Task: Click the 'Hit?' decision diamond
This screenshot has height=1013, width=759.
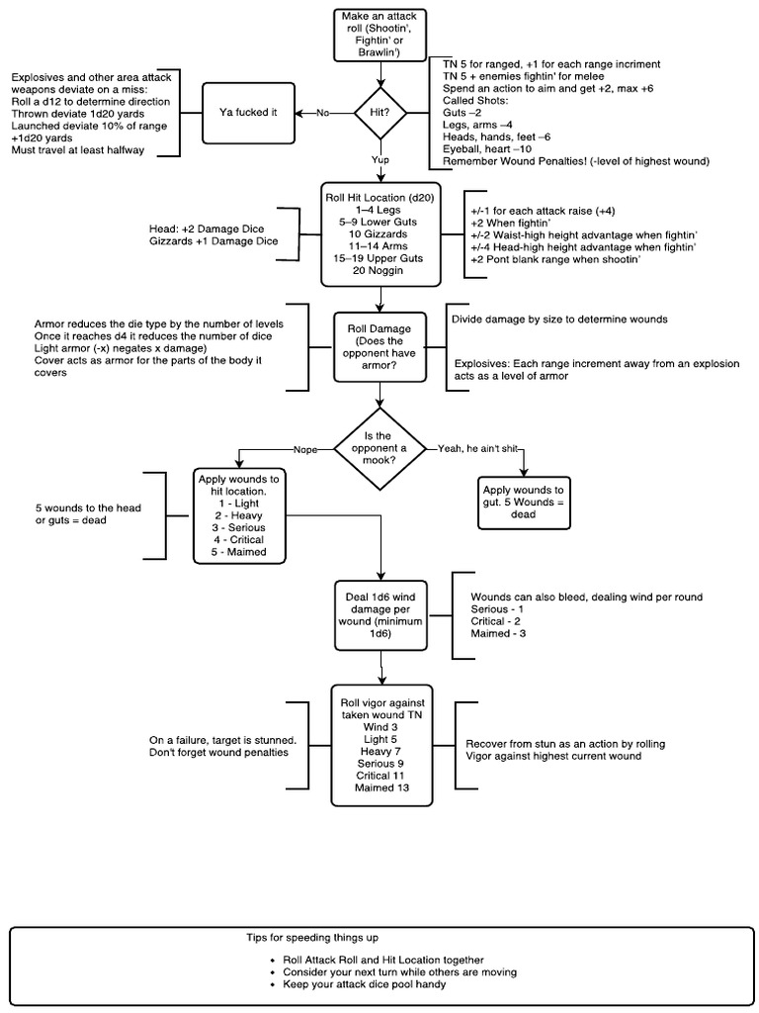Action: (379, 113)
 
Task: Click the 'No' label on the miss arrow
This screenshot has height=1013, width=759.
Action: (322, 113)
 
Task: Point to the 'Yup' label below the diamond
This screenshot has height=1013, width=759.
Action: (379, 158)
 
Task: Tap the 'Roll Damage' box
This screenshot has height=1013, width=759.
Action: (379, 345)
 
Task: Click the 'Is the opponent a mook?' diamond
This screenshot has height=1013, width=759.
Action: (379, 450)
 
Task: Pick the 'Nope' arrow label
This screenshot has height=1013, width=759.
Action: (304, 449)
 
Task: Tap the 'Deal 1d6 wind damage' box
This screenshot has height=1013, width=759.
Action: (379, 613)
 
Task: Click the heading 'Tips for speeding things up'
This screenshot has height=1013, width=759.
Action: (311, 936)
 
